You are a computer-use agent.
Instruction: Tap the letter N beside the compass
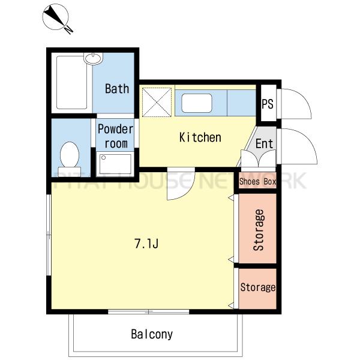tap(68, 30)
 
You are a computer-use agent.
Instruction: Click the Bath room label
tap(117, 89)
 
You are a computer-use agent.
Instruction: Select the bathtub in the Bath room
tap(71, 82)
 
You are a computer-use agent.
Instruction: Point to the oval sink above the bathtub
tap(93, 58)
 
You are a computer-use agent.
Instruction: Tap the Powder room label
tap(115, 136)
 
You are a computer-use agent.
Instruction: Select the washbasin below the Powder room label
tap(115, 163)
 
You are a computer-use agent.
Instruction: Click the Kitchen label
tap(200, 137)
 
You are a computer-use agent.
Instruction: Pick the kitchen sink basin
tap(197, 103)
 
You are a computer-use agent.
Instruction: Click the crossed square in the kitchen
tap(157, 103)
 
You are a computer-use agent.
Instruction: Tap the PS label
tap(268, 104)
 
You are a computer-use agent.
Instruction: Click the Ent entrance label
tap(264, 144)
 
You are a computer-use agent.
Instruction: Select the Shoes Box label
tap(257, 181)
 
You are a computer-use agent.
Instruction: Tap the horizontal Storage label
tap(258, 287)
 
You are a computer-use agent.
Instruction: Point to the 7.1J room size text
tap(146, 244)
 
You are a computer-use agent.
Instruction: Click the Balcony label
tap(152, 334)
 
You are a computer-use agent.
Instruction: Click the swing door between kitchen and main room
tap(181, 184)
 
